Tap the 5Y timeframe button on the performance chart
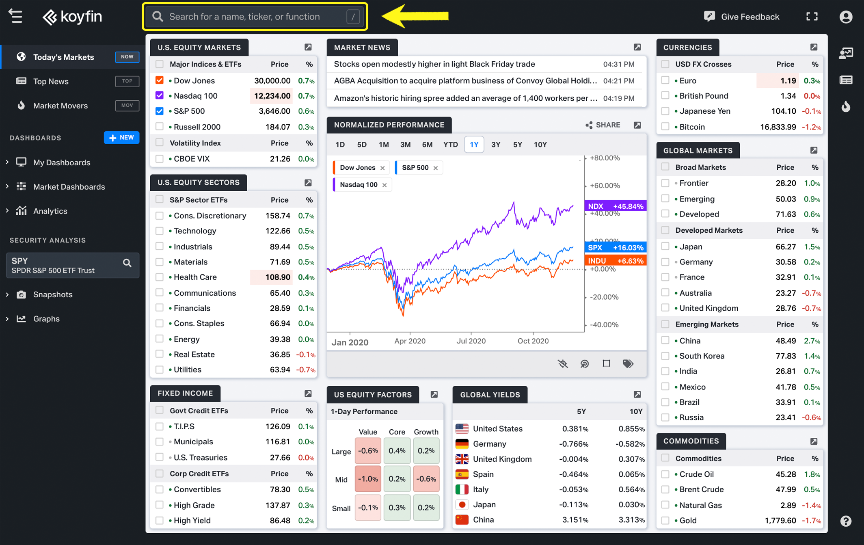pyautogui.click(x=517, y=145)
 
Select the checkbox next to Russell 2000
pyautogui.click(x=160, y=127)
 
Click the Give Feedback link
pyautogui.click(x=742, y=17)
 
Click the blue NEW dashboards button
pyautogui.click(x=121, y=138)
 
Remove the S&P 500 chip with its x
pyautogui.click(x=436, y=168)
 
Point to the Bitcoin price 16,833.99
pyautogui.click(x=778, y=127)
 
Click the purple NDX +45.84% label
pyautogui.click(x=615, y=206)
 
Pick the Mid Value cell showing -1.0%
pyautogui.click(x=368, y=479)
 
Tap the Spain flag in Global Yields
pyautogui.click(x=462, y=474)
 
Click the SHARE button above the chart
pyautogui.click(x=603, y=125)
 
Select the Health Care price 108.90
pyautogui.click(x=278, y=277)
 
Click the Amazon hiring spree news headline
pyautogui.click(x=465, y=98)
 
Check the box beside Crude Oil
pyautogui.click(x=665, y=474)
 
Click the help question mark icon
pyautogui.click(x=846, y=521)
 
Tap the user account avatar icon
pyautogui.click(x=846, y=17)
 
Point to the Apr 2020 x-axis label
pyautogui.click(x=410, y=341)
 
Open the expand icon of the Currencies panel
pyautogui.click(x=814, y=48)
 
